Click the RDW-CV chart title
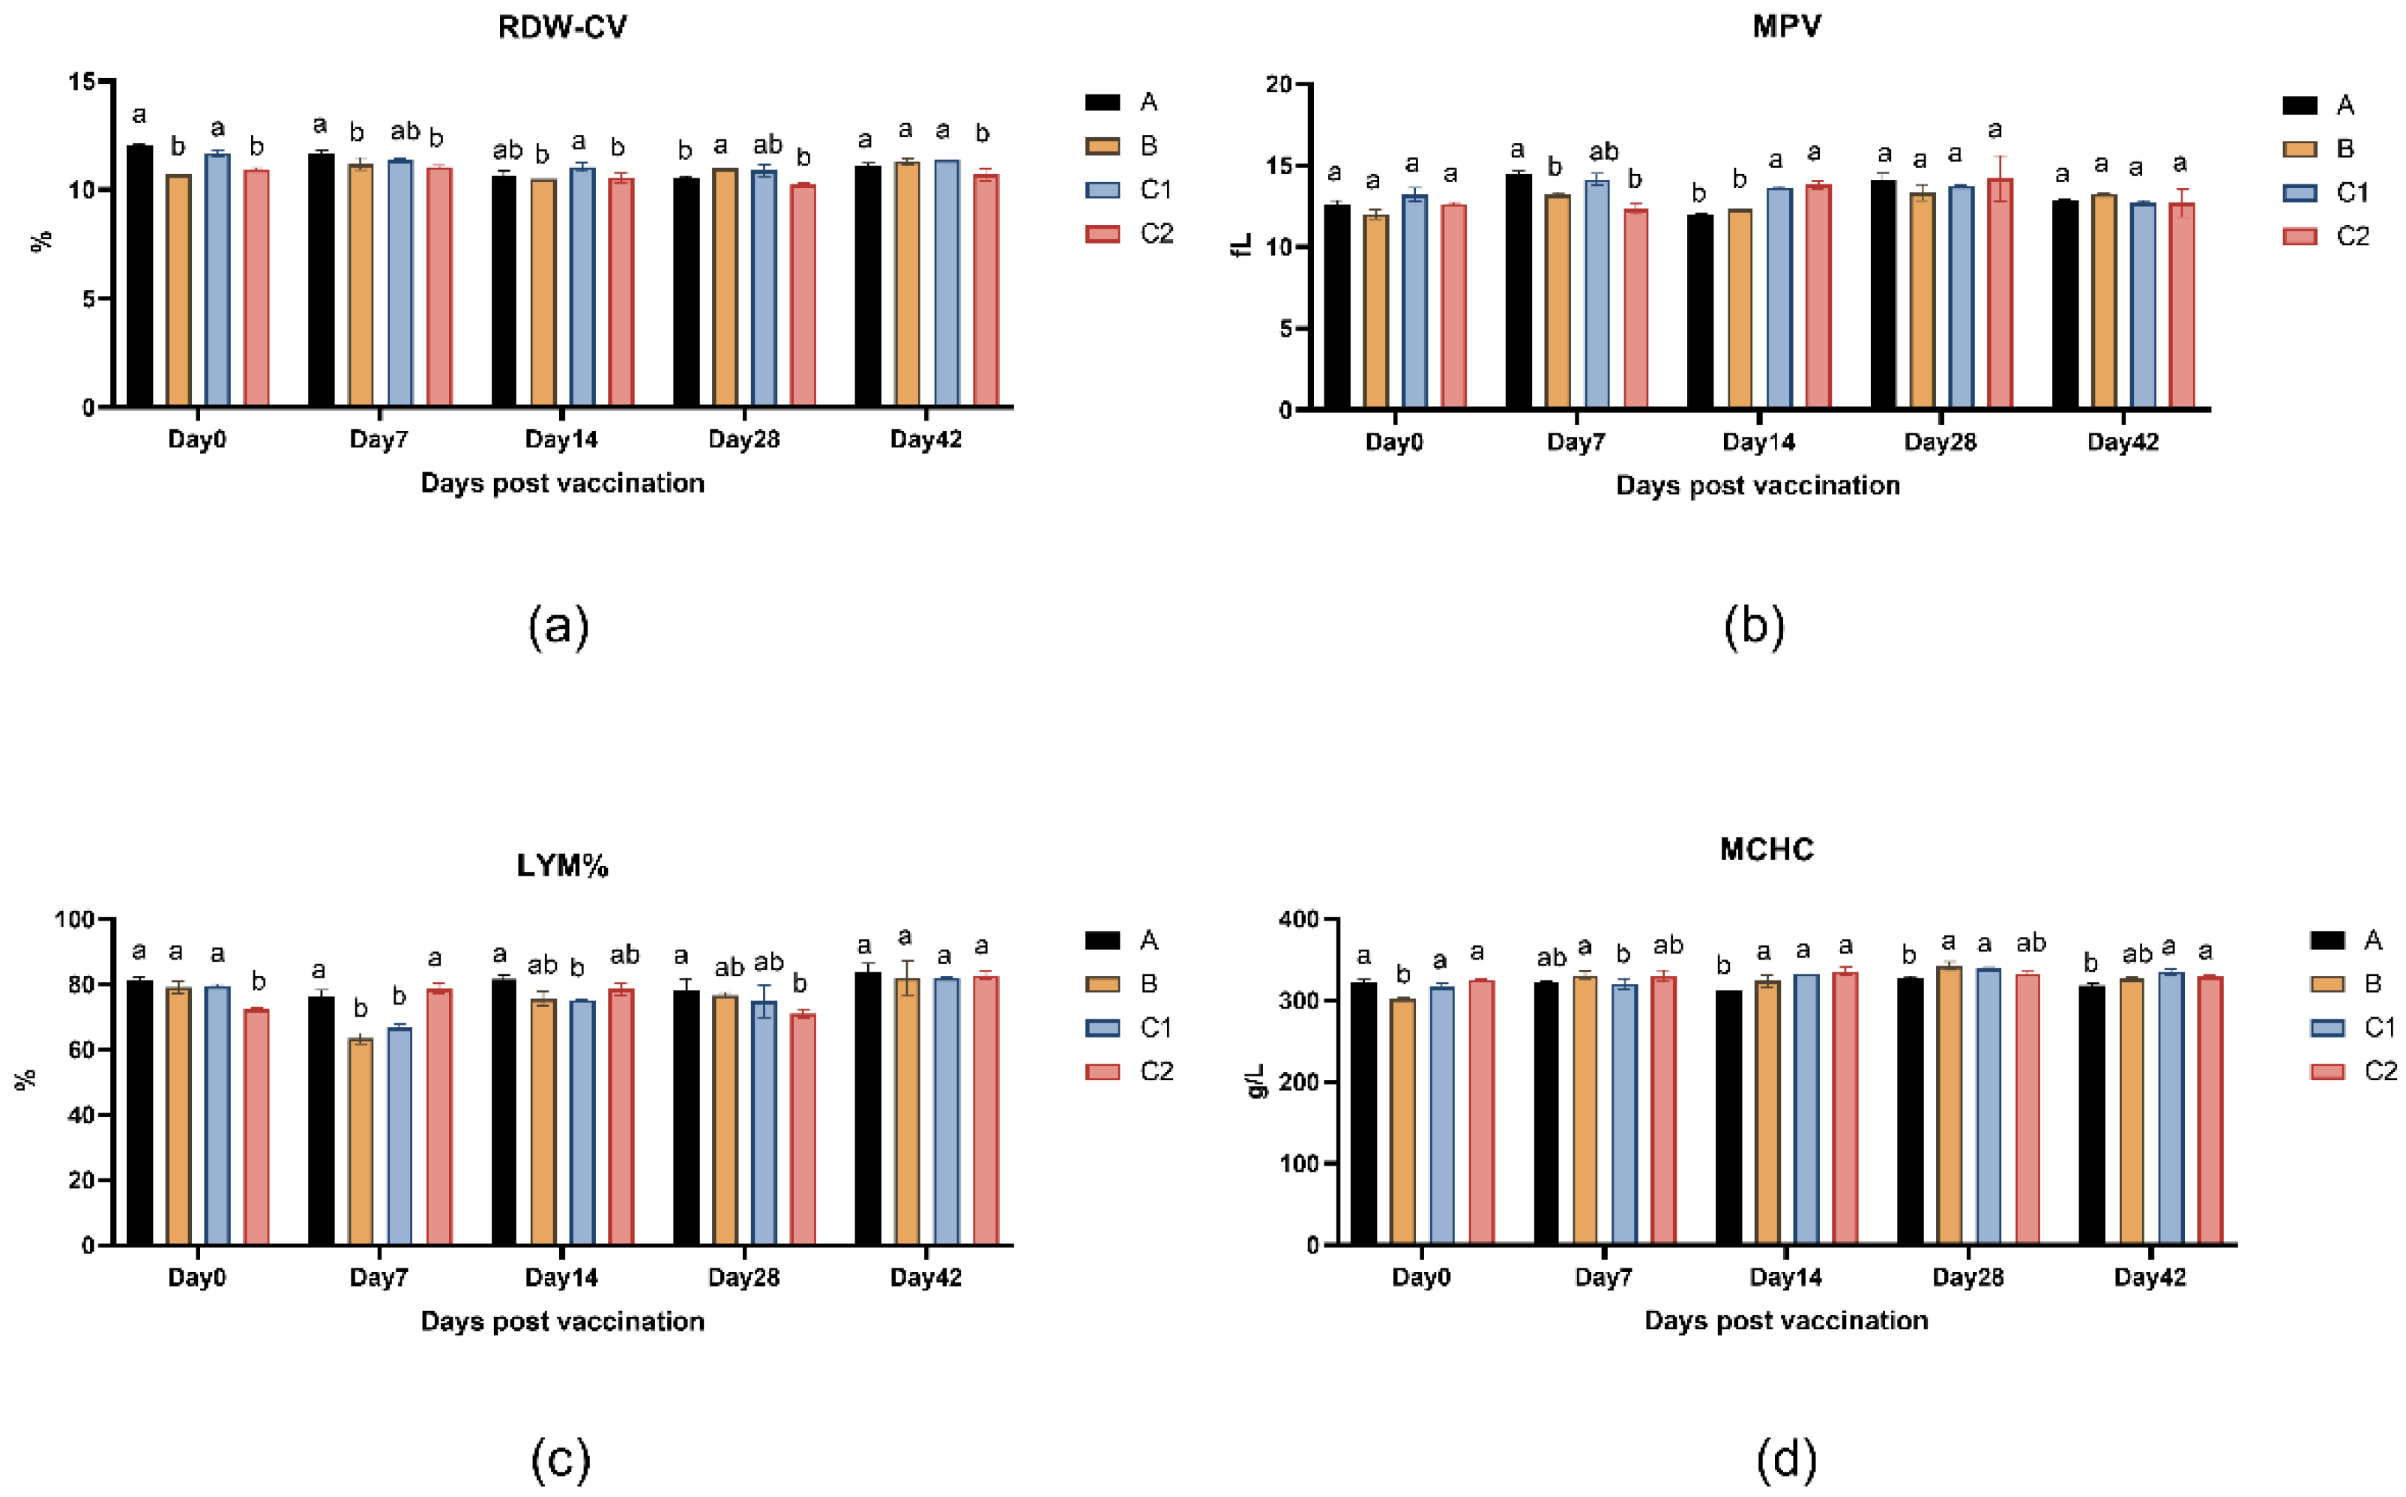561,27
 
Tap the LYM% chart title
561,865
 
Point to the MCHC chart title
1767,849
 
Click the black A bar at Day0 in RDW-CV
139,277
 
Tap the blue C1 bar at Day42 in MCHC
2171,1109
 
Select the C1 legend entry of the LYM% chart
1128,1028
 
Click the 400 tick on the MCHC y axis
1297,920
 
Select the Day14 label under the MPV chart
1758,442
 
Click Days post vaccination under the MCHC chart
1785,1321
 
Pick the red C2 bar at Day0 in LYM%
256,1127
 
